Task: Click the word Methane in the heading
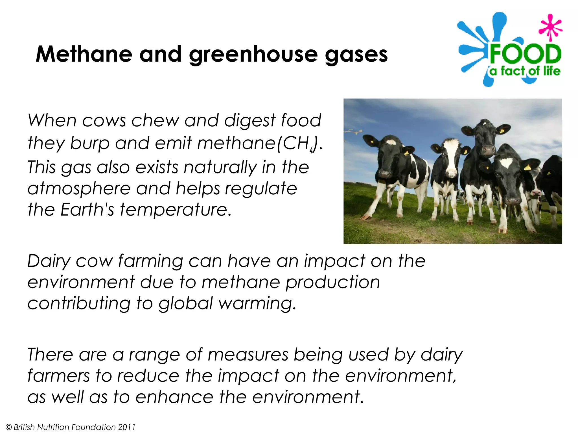click(x=84, y=54)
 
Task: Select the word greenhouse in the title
click(x=253, y=55)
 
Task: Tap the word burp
click(x=90, y=144)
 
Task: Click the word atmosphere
click(x=79, y=189)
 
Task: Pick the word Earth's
click(x=87, y=210)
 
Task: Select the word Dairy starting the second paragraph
click(x=49, y=261)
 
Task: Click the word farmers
click(x=58, y=376)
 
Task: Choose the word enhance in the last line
click(x=174, y=397)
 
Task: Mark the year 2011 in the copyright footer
click(x=127, y=427)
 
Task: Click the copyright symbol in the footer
click(x=9, y=427)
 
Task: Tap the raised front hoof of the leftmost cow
click(x=366, y=217)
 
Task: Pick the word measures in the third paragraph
click(x=248, y=355)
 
